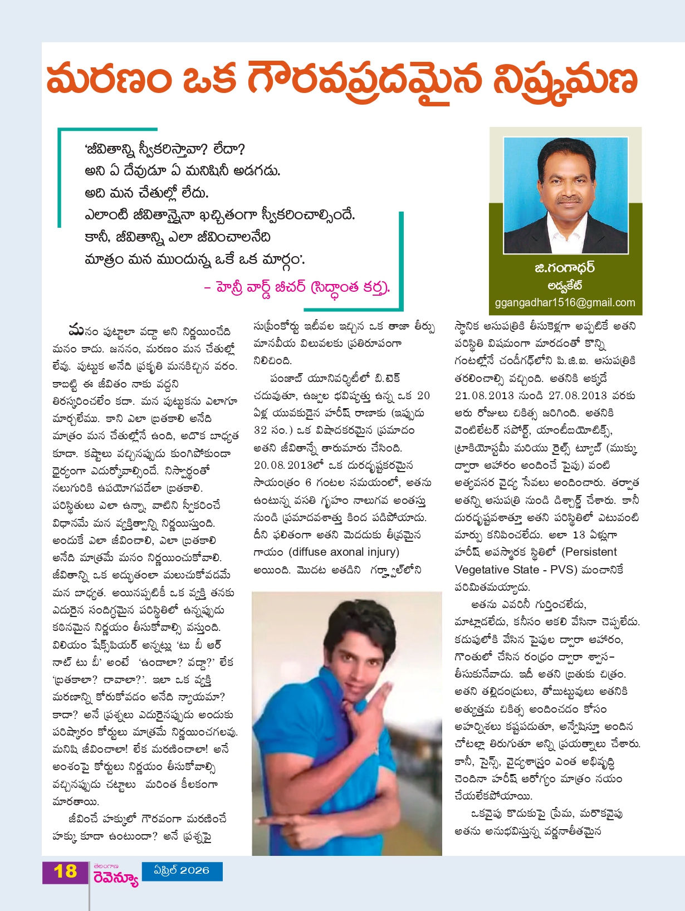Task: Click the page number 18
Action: pyautogui.click(x=65, y=871)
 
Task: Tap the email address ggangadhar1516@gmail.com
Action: pyautogui.click(x=565, y=302)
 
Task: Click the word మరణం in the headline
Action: pyautogui.click(x=109, y=80)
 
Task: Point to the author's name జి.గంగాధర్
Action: pyautogui.click(x=565, y=268)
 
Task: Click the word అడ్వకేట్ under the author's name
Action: pyautogui.click(x=565, y=286)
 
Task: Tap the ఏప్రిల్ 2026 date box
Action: pyautogui.click(x=182, y=870)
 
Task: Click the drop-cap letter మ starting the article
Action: pyautogui.click(x=76, y=330)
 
